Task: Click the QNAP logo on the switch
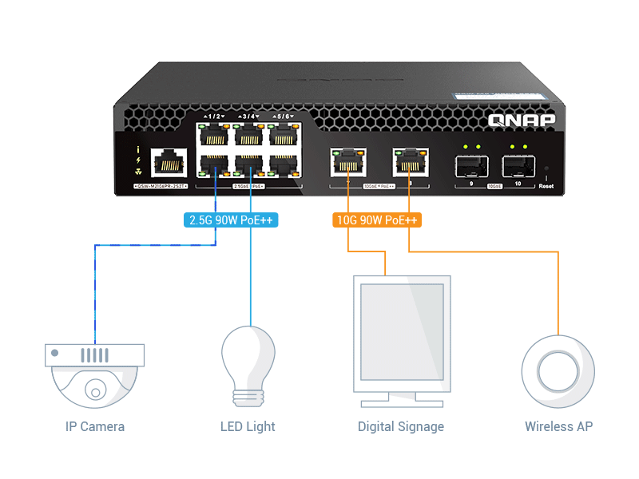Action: pos(520,121)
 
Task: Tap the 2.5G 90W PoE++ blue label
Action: pos(232,220)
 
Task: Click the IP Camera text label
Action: pos(95,426)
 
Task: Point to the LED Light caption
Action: pos(248,426)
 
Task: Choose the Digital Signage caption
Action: pos(400,426)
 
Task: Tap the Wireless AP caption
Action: pos(558,426)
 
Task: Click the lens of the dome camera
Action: pos(95,390)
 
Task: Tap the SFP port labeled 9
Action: pos(471,167)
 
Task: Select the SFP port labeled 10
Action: pos(518,167)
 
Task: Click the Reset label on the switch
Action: pos(546,186)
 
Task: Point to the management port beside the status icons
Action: pos(169,163)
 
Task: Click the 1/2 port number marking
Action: pos(213,117)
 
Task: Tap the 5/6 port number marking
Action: pos(284,117)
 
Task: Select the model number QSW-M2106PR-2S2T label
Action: pos(160,186)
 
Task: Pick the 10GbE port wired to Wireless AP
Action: pos(409,163)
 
